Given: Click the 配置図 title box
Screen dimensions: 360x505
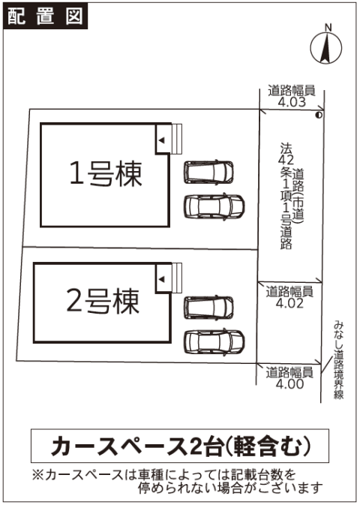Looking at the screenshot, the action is point(46,16).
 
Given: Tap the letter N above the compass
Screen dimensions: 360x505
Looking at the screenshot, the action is point(328,28).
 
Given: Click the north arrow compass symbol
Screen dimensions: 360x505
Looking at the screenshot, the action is point(325,48).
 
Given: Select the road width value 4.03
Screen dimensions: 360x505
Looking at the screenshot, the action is point(292,102).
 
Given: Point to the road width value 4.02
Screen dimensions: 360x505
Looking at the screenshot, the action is point(289,303).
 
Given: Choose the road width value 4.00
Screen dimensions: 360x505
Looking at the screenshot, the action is point(289,384).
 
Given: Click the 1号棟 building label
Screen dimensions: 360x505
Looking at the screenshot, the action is point(106,174).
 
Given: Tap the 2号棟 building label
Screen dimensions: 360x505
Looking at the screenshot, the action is point(103,302).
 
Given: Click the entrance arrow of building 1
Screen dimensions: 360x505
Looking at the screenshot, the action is point(162,140).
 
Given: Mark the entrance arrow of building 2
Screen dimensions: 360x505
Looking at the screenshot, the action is point(162,279).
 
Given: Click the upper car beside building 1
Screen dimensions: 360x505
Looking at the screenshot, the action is point(208,173).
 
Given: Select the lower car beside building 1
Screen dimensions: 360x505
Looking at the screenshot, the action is point(214,206).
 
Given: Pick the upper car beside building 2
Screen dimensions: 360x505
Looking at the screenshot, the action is point(208,308).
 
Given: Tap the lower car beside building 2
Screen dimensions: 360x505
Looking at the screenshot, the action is point(214,341).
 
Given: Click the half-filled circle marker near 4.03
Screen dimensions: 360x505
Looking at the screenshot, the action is point(319,114).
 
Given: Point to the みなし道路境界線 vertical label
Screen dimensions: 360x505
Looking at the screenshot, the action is point(338,359).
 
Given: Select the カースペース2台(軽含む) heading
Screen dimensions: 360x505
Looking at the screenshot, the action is point(181,446).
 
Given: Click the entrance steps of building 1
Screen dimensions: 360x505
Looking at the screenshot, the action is point(176,139).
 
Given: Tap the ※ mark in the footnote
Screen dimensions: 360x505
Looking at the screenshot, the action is point(37,475).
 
